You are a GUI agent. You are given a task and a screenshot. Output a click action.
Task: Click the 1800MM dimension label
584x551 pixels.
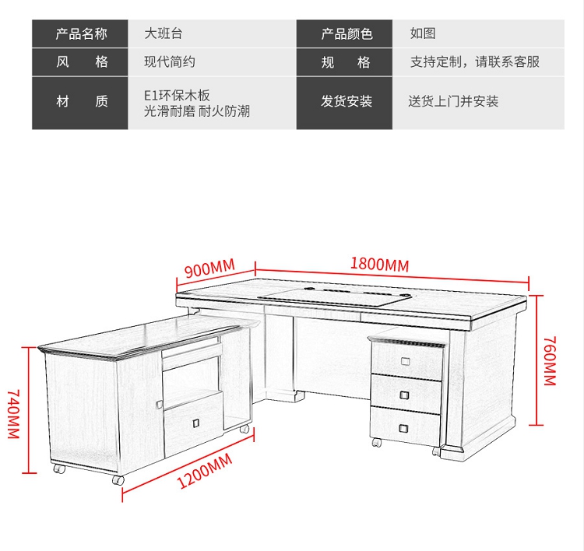click(379, 264)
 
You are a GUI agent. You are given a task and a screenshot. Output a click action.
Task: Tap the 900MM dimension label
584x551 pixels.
click(209, 268)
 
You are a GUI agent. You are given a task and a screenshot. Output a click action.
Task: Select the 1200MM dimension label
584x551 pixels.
click(205, 471)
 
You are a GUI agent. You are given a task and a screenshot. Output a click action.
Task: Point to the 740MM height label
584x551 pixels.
click(14, 414)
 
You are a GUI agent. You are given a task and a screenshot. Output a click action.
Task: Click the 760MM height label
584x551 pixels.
click(550, 361)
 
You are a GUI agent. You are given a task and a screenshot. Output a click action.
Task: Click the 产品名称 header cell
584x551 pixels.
click(80, 33)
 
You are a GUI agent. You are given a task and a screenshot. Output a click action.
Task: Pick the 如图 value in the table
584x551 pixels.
click(423, 33)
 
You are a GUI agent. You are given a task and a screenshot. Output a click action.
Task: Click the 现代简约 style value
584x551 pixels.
click(170, 61)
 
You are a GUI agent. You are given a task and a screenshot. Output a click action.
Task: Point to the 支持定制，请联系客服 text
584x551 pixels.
click(475, 61)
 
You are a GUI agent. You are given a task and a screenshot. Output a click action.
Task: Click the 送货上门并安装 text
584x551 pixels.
click(453, 101)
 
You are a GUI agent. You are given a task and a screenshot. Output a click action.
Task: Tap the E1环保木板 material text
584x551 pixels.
click(177, 95)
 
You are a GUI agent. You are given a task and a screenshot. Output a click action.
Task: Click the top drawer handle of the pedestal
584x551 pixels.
click(406, 361)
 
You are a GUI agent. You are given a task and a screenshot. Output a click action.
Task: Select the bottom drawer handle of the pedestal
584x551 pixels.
click(403, 429)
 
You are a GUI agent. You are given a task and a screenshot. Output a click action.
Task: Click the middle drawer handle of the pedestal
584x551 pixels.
click(404, 395)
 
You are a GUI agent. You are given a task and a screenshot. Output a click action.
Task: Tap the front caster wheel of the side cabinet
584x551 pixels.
click(118, 480)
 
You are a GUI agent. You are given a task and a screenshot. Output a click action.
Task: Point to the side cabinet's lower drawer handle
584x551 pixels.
click(196, 423)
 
